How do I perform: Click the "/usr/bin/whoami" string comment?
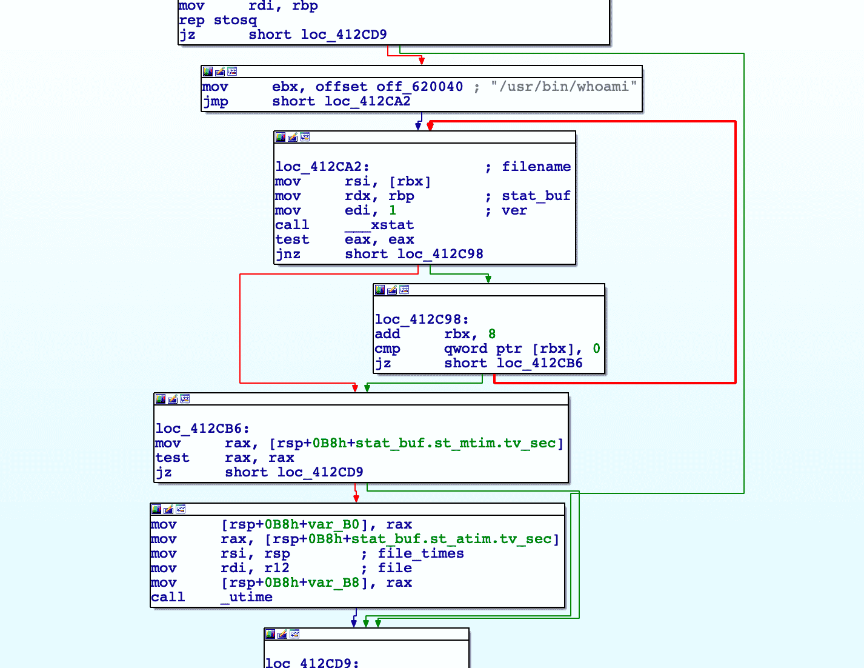click(563, 87)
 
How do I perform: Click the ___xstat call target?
click(379, 225)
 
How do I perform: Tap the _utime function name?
click(247, 597)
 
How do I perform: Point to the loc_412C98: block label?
click(422, 319)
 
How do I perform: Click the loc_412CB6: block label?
click(202, 429)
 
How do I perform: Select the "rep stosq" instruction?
click(218, 20)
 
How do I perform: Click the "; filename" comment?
click(528, 167)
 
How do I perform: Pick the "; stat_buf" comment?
click(528, 196)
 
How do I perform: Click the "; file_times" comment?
click(413, 553)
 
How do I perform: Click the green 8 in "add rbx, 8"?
click(492, 334)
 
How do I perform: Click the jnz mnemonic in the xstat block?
click(288, 254)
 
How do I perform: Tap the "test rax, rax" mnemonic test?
click(172, 458)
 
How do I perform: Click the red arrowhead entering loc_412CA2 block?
click(430, 126)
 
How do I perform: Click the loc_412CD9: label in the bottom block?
click(312, 663)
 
